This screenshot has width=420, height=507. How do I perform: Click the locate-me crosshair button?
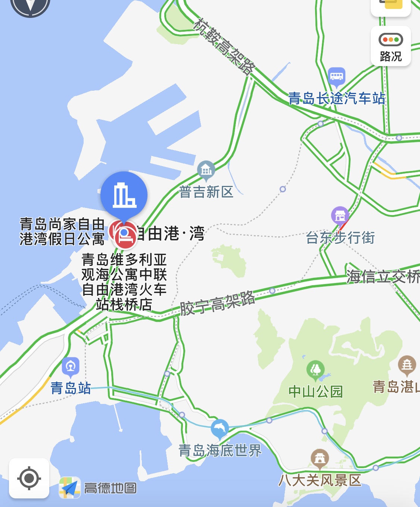coord(29,478)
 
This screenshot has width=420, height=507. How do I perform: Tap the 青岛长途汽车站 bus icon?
coord(336,77)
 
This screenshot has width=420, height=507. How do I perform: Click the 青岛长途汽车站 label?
coord(336,99)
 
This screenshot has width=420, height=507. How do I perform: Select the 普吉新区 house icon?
coord(206,170)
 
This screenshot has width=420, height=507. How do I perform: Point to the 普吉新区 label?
coord(206,192)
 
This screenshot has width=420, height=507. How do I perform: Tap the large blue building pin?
coord(124,195)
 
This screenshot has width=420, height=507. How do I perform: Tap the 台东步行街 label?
coord(340,237)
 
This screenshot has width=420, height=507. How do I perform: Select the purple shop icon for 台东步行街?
coord(340,215)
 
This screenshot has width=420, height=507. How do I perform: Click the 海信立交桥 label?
coord(383,277)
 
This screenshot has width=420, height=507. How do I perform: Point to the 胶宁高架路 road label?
coord(218,303)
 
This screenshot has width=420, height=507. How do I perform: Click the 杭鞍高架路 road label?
coord(224,46)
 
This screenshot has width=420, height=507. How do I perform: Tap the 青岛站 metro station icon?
coord(71,367)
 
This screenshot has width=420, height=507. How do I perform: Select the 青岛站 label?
coord(71,388)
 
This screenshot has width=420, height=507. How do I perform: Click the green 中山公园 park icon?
coord(315,370)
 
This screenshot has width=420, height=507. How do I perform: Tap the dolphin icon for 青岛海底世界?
coord(220,429)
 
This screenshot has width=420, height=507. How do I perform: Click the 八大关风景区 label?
coord(320,480)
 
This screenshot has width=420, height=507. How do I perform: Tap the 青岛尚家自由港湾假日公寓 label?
coord(62,231)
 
